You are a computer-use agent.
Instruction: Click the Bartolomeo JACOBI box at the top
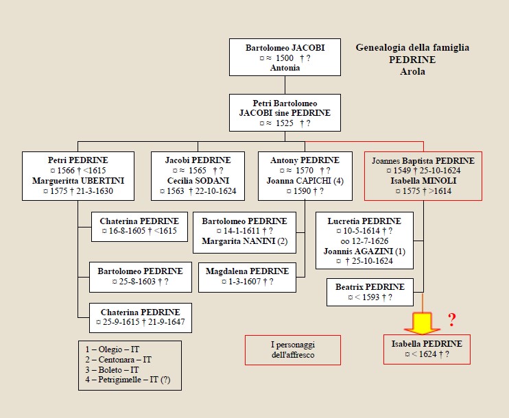pyautogui.click(x=285, y=58)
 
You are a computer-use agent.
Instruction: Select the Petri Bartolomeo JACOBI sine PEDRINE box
pyautogui.click(x=285, y=112)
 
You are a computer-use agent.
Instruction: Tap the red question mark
pyautogui.click(x=451, y=319)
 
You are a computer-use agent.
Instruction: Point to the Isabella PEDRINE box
pyautogui.click(x=427, y=349)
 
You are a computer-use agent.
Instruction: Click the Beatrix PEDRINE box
pyautogui.click(x=370, y=292)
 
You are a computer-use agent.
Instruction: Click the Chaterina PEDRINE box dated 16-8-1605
pyautogui.click(x=139, y=226)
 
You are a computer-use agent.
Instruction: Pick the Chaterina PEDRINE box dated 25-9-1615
pyautogui.click(x=140, y=317)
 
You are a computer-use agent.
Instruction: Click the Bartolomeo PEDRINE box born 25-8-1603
pyautogui.click(x=139, y=276)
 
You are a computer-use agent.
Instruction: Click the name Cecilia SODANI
pyautogui.click(x=198, y=181)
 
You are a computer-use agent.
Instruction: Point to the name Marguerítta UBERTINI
pyautogui.click(x=78, y=181)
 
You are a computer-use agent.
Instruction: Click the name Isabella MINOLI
pyautogui.click(x=423, y=181)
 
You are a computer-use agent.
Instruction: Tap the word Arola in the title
pyautogui.click(x=412, y=71)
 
